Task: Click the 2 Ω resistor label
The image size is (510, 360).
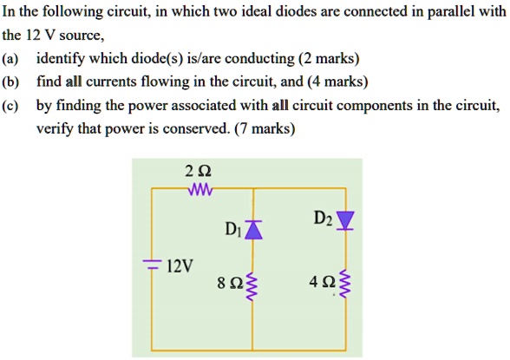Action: [198, 170]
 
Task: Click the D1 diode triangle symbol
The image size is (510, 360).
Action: [252, 228]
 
